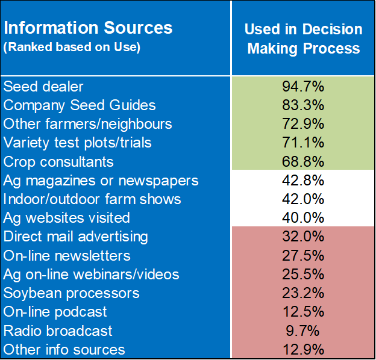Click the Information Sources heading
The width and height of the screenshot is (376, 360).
point(88,28)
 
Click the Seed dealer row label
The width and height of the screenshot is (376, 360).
point(43,86)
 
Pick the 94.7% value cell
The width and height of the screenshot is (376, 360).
point(303,86)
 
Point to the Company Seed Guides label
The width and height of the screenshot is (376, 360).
point(80,105)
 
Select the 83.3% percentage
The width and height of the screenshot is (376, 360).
point(303,105)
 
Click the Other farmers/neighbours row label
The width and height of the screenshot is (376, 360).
point(88,123)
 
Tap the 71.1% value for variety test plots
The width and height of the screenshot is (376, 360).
point(303,143)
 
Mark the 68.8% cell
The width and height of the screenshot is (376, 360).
point(303,161)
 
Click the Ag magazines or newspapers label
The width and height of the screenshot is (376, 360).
point(101,180)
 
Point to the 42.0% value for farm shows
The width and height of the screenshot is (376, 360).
point(303,199)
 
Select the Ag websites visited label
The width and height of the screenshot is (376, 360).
point(67,217)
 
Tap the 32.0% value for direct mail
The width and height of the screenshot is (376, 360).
point(303,237)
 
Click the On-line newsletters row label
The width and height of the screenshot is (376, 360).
point(67,255)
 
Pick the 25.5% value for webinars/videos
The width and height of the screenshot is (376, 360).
point(303,274)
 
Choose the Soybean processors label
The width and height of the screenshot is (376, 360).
point(72,293)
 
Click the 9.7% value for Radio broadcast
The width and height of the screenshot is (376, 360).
point(303,331)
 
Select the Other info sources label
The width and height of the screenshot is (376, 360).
point(64,349)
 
